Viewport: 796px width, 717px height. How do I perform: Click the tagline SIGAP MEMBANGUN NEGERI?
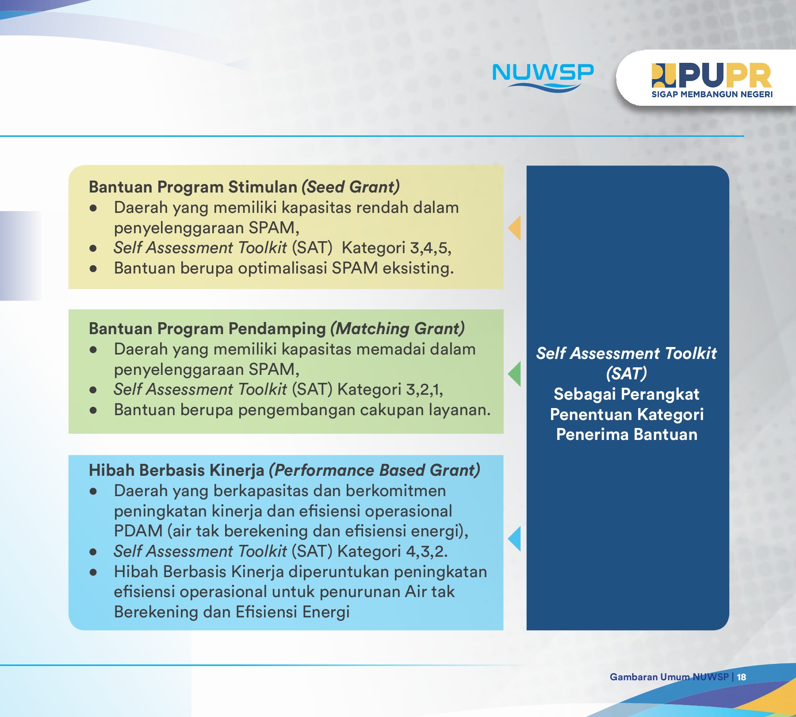pos(712,94)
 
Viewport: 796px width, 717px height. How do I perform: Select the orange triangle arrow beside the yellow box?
pos(515,228)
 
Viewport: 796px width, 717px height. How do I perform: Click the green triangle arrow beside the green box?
pos(515,374)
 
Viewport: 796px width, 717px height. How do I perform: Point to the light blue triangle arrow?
pos(515,539)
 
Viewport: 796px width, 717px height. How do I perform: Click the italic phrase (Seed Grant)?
pos(351,187)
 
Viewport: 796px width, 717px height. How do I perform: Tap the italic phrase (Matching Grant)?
pos(398,328)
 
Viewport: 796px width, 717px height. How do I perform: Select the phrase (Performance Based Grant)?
pos(375,470)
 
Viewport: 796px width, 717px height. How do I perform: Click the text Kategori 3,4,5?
pos(396,248)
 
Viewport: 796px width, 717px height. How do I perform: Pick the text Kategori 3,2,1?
pos(390,389)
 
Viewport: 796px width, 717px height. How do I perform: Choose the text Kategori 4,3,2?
pos(392,551)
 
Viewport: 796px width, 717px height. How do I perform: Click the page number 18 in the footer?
pos(742,677)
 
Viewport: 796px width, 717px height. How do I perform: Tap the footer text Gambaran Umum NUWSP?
pos(669,677)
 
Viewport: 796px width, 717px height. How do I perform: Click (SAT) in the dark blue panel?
pos(627,374)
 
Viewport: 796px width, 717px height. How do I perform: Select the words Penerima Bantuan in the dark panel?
pos(627,435)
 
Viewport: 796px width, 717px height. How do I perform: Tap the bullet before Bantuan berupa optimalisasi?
pos(93,269)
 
